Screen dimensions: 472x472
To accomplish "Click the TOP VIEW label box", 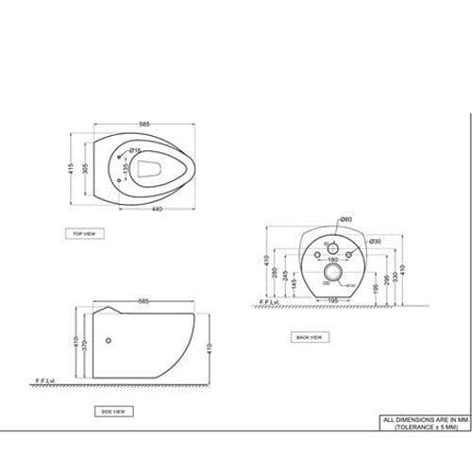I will (x=84, y=232).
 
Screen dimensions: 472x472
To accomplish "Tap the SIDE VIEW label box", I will (x=113, y=412).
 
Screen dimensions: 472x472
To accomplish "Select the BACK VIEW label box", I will (x=309, y=337).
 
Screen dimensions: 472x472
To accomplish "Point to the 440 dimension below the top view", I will (x=155, y=209).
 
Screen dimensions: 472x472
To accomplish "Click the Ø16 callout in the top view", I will (x=135, y=151).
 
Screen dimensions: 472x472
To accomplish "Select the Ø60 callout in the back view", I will (x=346, y=219).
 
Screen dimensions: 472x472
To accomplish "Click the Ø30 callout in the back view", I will (x=375, y=242).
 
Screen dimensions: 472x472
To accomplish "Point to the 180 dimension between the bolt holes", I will (x=331, y=259).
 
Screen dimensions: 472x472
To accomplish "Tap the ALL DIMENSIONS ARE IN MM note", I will (x=423, y=419).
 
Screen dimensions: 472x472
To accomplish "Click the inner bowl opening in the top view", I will (x=151, y=169).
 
